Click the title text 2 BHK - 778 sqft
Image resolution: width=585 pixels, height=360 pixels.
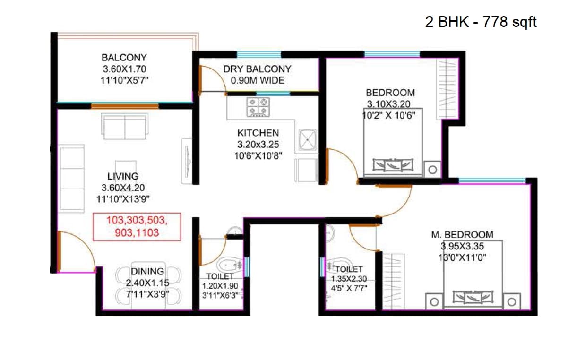[x=481, y=22]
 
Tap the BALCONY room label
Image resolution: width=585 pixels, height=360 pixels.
[x=124, y=58]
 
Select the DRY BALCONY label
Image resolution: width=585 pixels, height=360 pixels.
[x=257, y=69]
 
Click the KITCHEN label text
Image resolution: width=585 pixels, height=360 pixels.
[x=258, y=133]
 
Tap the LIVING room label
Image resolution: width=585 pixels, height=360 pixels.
[x=123, y=176]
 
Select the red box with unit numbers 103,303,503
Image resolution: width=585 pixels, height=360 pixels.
[x=137, y=226]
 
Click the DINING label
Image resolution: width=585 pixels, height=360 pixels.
[x=147, y=272]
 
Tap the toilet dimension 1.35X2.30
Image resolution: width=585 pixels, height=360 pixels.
[x=349, y=279]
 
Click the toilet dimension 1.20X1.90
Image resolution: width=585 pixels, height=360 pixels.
[x=221, y=286]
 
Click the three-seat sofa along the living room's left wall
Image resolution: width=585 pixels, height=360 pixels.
[x=72, y=179]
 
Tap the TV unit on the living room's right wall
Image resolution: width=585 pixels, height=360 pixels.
[x=187, y=161]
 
